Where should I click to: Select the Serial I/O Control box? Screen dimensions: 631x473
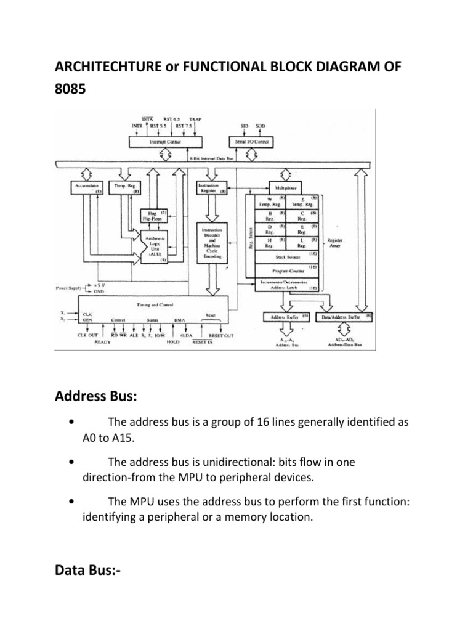254,142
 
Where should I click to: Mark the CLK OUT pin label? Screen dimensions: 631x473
88,335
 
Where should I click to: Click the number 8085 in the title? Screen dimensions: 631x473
68,89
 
